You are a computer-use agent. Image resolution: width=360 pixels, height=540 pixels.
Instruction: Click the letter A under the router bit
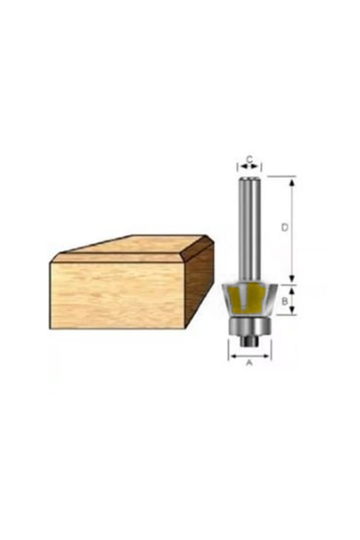(249, 364)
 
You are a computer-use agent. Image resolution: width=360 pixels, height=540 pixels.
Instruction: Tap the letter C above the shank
(249, 158)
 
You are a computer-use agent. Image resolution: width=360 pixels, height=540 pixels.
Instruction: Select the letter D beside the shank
(283, 229)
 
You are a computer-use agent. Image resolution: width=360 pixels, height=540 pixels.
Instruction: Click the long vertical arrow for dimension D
(292, 229)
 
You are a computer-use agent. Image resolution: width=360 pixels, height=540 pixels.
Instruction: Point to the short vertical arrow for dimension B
(292, 301)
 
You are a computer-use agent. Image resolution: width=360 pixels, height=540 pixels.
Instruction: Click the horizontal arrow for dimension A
(249, 355)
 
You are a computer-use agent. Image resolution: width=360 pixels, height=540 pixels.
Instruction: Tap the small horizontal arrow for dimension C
(249, 167)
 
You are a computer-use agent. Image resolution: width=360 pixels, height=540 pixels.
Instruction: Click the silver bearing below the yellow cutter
(249, 326)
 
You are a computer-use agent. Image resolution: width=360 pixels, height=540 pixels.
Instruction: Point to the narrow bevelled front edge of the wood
(117, 258)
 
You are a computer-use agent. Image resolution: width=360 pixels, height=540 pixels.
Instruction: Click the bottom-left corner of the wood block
(51, 327)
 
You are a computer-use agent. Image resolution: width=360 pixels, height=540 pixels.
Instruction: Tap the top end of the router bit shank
(249, 178)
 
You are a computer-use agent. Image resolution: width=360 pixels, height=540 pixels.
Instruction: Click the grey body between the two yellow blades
(249, 301)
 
